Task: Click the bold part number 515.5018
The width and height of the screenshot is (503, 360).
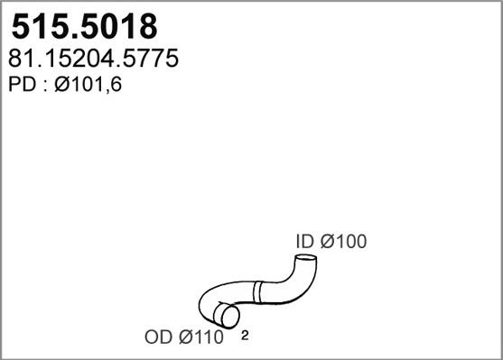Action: [84, 27]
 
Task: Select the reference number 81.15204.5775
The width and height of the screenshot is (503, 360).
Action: [93, 59]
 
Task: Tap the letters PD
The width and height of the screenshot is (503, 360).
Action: [22, 85]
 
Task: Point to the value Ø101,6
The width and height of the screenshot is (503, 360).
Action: [88, 86]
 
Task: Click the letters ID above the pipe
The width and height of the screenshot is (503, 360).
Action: [304, 242]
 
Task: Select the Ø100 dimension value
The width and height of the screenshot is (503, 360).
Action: [343, 242]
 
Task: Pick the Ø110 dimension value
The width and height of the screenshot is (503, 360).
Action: [200, 337]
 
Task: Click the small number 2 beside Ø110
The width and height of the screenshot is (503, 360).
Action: [245, 336]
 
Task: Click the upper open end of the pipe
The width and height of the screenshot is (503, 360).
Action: [305, 257]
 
